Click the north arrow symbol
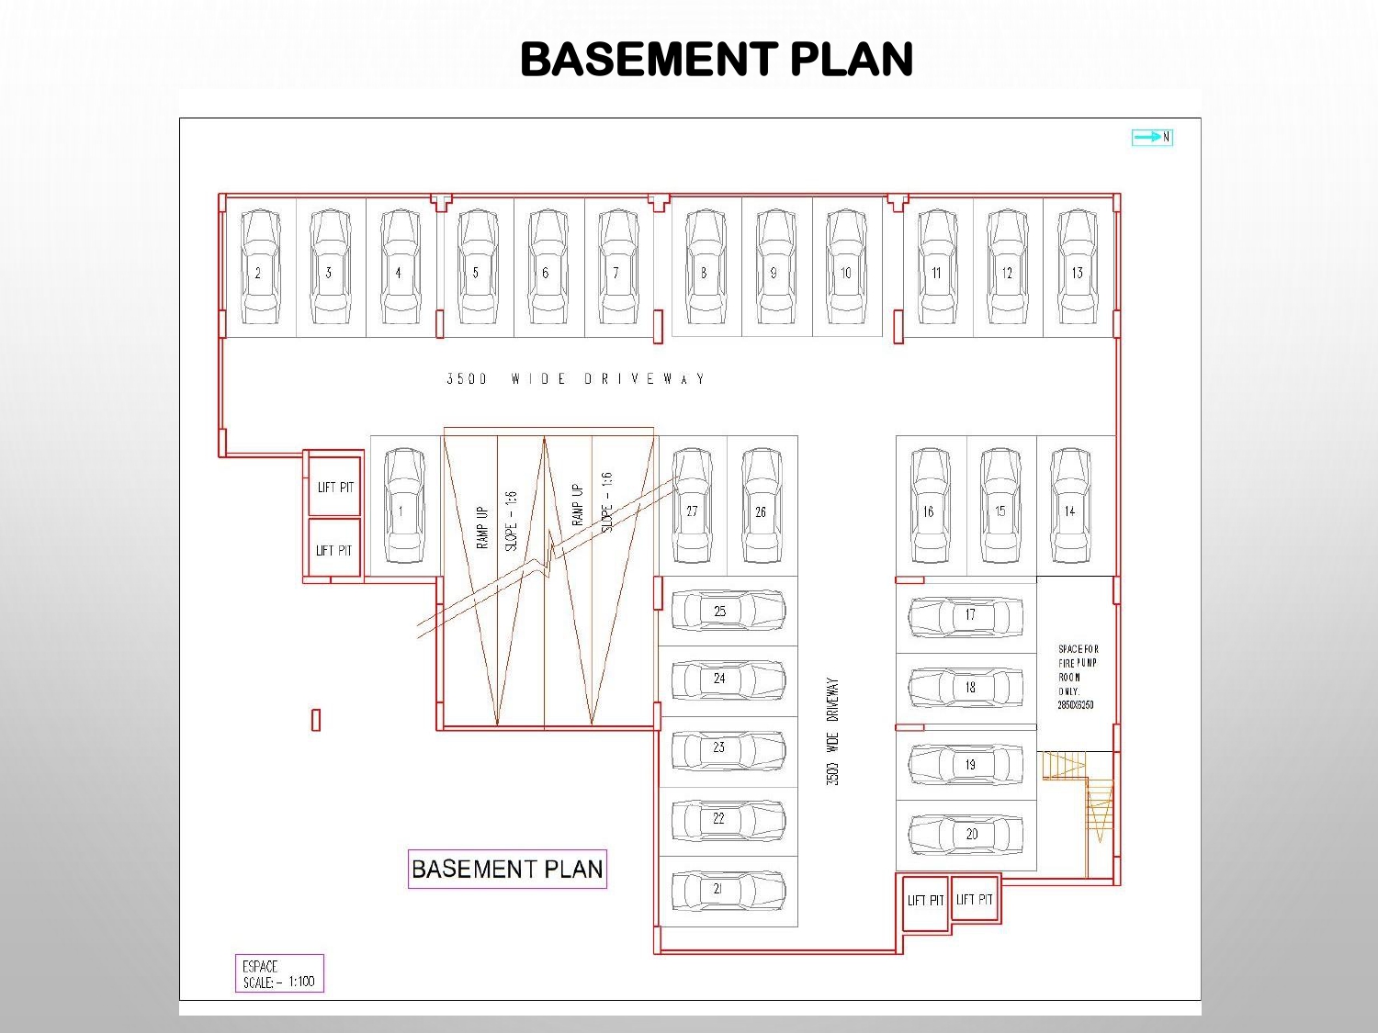pyautogui.click(x=1152, y=137)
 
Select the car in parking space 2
pyautogui.click(x=260, y=267)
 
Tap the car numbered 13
pyautogui.click(x=1077, y=267)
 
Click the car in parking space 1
pyautogui.click(x=403, y=506)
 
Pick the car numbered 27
pyautogui.click(x=692, y=506)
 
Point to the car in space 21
pyautogui.click(x=729, y=890)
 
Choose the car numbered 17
pyautogui.click(x=966, y=616)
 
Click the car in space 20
pyautogui.click(x=966, y=835)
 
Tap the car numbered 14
pyautogui.click(x=1070, y=506)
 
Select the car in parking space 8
pyautogui.click(x=705, y=267)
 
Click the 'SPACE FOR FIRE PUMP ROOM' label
pyautogui.click(x=1077, y=677)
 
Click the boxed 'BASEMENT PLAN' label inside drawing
pyautogui.click(x=507, y=870)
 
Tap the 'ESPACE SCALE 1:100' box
pyautogui.click(x=279, y=973)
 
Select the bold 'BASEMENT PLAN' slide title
pyautogui.click(x=717, y=60)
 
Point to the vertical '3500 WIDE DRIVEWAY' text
pyautogui.click(x=832, y=732)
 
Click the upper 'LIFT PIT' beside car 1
pyautogui.click(x=335, y=487)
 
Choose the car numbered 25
pyautogui.click(x=729, y=611)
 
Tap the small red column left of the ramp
pyautogui.click(x=316, y=720)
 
